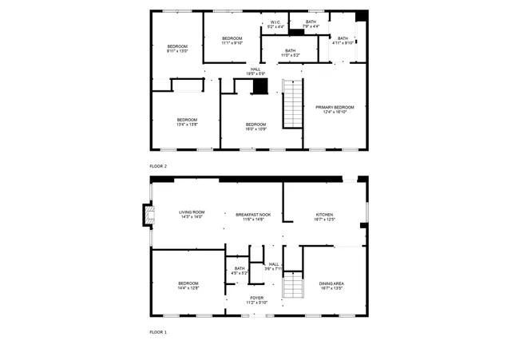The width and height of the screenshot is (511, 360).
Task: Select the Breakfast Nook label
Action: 253,215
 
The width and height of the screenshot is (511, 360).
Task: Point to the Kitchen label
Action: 324,215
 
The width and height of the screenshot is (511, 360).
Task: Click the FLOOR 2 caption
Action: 158,166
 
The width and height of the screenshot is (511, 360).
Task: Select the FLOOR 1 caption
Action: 158,331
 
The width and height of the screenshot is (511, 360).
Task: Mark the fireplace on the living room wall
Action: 146,215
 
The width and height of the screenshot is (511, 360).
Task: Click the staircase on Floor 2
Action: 293,103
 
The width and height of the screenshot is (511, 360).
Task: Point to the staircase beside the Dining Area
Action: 293,285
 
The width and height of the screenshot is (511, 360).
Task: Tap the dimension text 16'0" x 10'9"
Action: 255,128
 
